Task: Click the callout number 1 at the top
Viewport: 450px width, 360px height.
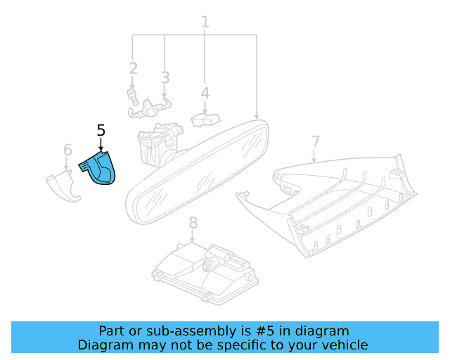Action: pos(205,22)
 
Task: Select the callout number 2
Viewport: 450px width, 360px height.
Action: pos(133,68)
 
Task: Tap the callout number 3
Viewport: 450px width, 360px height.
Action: pos(165,77)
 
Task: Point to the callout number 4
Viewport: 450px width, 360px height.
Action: pos(205,93)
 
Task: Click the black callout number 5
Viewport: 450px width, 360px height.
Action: pos(101,130)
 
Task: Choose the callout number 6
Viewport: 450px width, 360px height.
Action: pos(67,150)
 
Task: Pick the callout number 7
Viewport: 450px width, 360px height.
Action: pos(315,141)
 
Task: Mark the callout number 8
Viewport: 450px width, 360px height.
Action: pos(193,224)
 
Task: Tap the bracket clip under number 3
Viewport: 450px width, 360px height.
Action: pos(150,106)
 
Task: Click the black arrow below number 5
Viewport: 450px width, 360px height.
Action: pos(101,145)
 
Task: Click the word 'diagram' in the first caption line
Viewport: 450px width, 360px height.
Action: pos(323,331)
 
